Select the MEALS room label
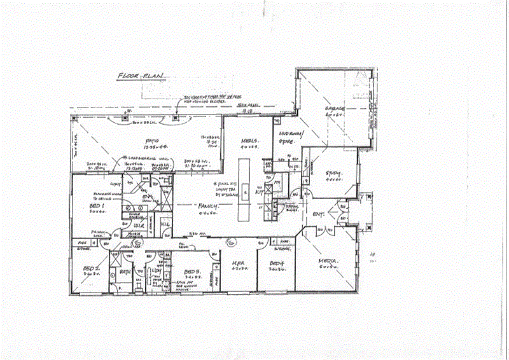[x=248, y=141]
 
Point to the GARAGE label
[x=335, y=109]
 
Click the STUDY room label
[x=334, y=173]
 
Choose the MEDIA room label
[x=328, y=261]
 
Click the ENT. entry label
[x=319, y=215]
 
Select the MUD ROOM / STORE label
[x=292, y=137]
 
